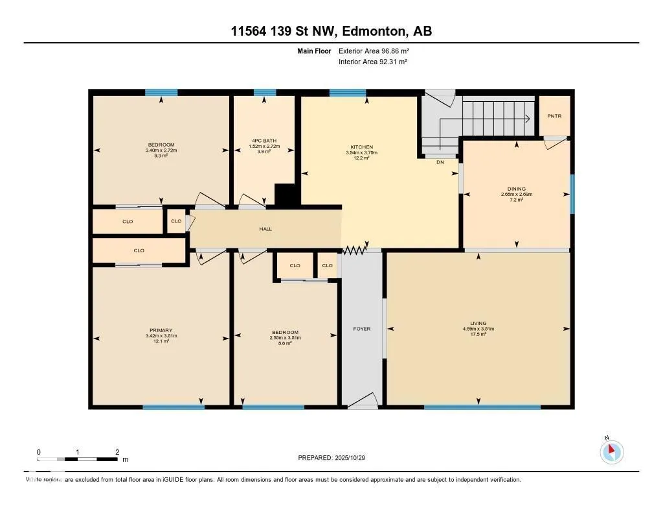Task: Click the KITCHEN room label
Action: [361, 147]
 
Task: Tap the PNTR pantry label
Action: [554, 116]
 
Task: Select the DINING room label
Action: [516, 188]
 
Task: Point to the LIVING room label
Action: [478, 323]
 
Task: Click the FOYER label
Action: [361, 329]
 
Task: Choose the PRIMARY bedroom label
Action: [161, 330]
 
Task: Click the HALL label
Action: [265, 229]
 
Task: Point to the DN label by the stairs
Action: [440, 162]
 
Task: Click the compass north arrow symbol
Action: [611, 451]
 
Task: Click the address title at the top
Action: [331, 30]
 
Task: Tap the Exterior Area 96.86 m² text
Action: [374, 51]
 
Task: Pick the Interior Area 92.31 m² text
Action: [372, 62]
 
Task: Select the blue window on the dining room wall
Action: [571, 194]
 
